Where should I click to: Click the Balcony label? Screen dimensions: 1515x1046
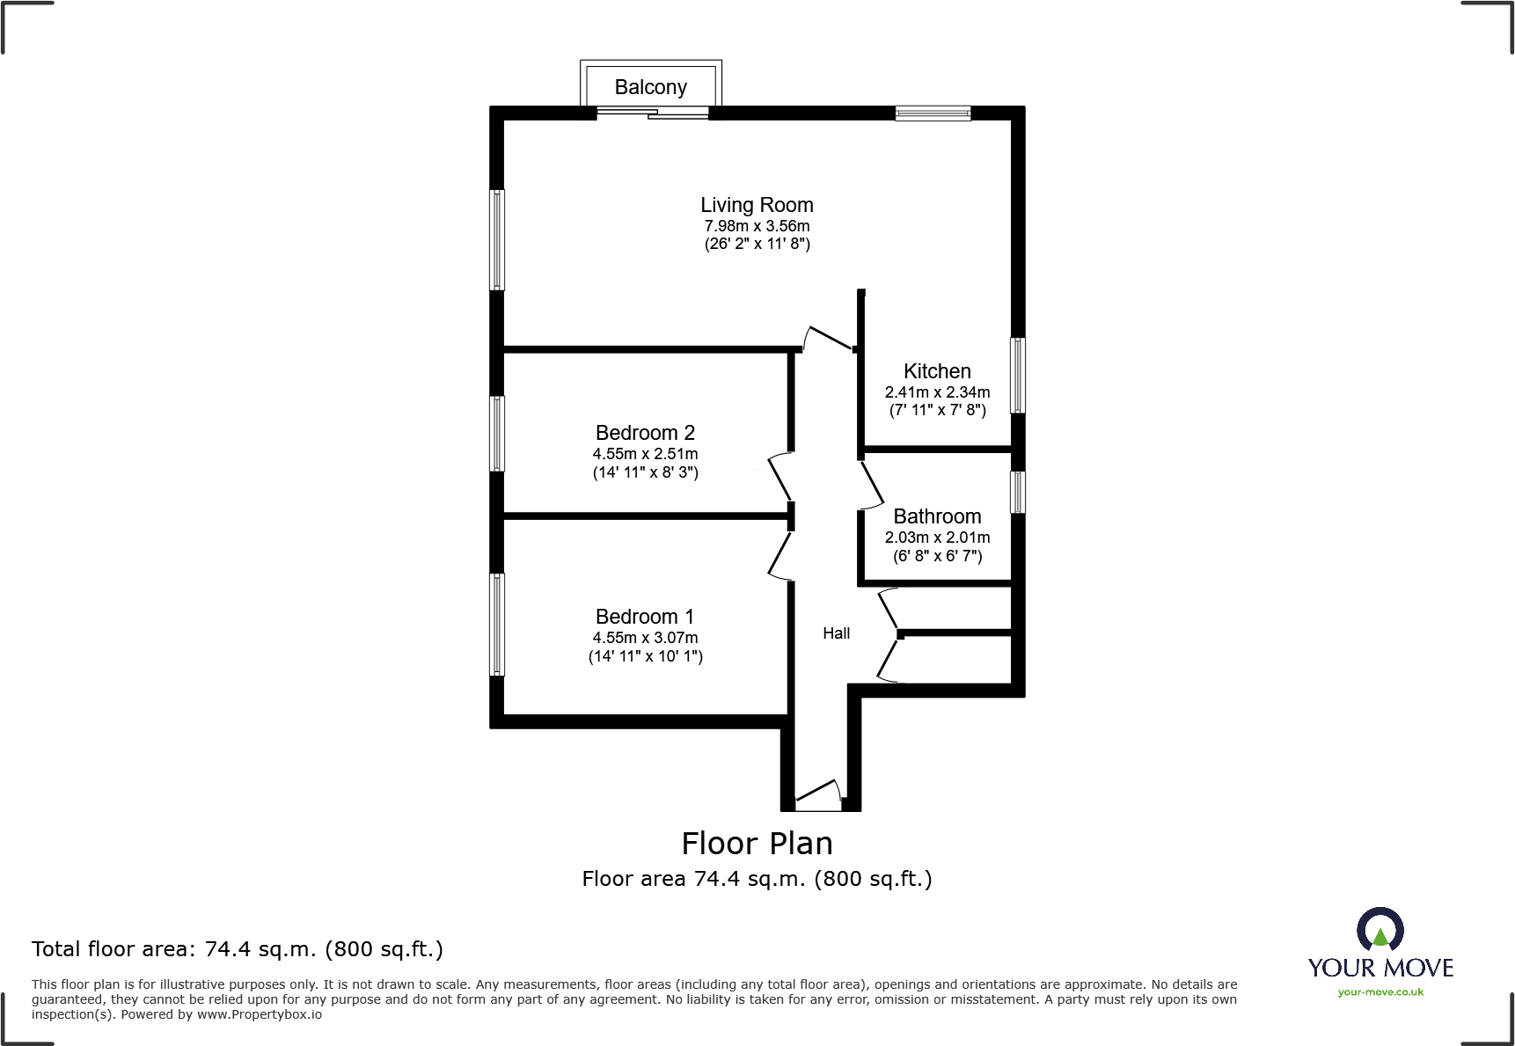pyautogui.click(x=650, y=87)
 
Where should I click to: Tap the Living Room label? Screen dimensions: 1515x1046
pyautogui.click(x=757, y=205)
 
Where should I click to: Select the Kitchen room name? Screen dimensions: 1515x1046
pyautogui.click(x=937, y=371)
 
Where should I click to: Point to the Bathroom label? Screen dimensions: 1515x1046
pyautogui.click(x=937, y=516)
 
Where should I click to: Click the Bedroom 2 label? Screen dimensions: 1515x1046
pyautogui.click(x=645, y=433)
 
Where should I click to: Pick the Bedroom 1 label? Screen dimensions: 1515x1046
pyautogui.click(x=645, y=617)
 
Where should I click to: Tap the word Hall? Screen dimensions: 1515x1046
pyautogui.click(x=837, y=633)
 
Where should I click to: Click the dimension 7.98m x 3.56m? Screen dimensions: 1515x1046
pyautogui.click(x=757, y=226)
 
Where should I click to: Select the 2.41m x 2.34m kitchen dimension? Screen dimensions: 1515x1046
pyautogui.click(x=937, y=392)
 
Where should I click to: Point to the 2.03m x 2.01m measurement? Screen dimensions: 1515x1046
pyautogui.click(x=937, y=538)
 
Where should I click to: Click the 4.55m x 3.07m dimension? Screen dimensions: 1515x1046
pyautogui.click(x=645, y=638)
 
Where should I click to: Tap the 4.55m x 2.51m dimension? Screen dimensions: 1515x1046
pyautogui.click(x=645, y=454)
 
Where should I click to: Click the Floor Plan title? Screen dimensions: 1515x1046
pyautogui.click(x=757, y=844)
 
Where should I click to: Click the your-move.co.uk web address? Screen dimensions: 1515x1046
pyautogui.click(x=1380, y=992)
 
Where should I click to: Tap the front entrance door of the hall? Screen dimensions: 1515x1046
pyautogui.click(x=818, y=796)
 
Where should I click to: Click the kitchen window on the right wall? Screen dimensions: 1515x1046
pyautogui.click(x=1017, y=376)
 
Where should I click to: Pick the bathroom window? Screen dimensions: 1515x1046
pyautogui.click(x=1017, y=492)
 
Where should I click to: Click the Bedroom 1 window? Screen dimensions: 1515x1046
pyautogui.click(x=497, y=625)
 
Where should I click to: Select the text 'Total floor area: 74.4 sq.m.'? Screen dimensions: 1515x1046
pyautogui.click(x=173, y=949)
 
